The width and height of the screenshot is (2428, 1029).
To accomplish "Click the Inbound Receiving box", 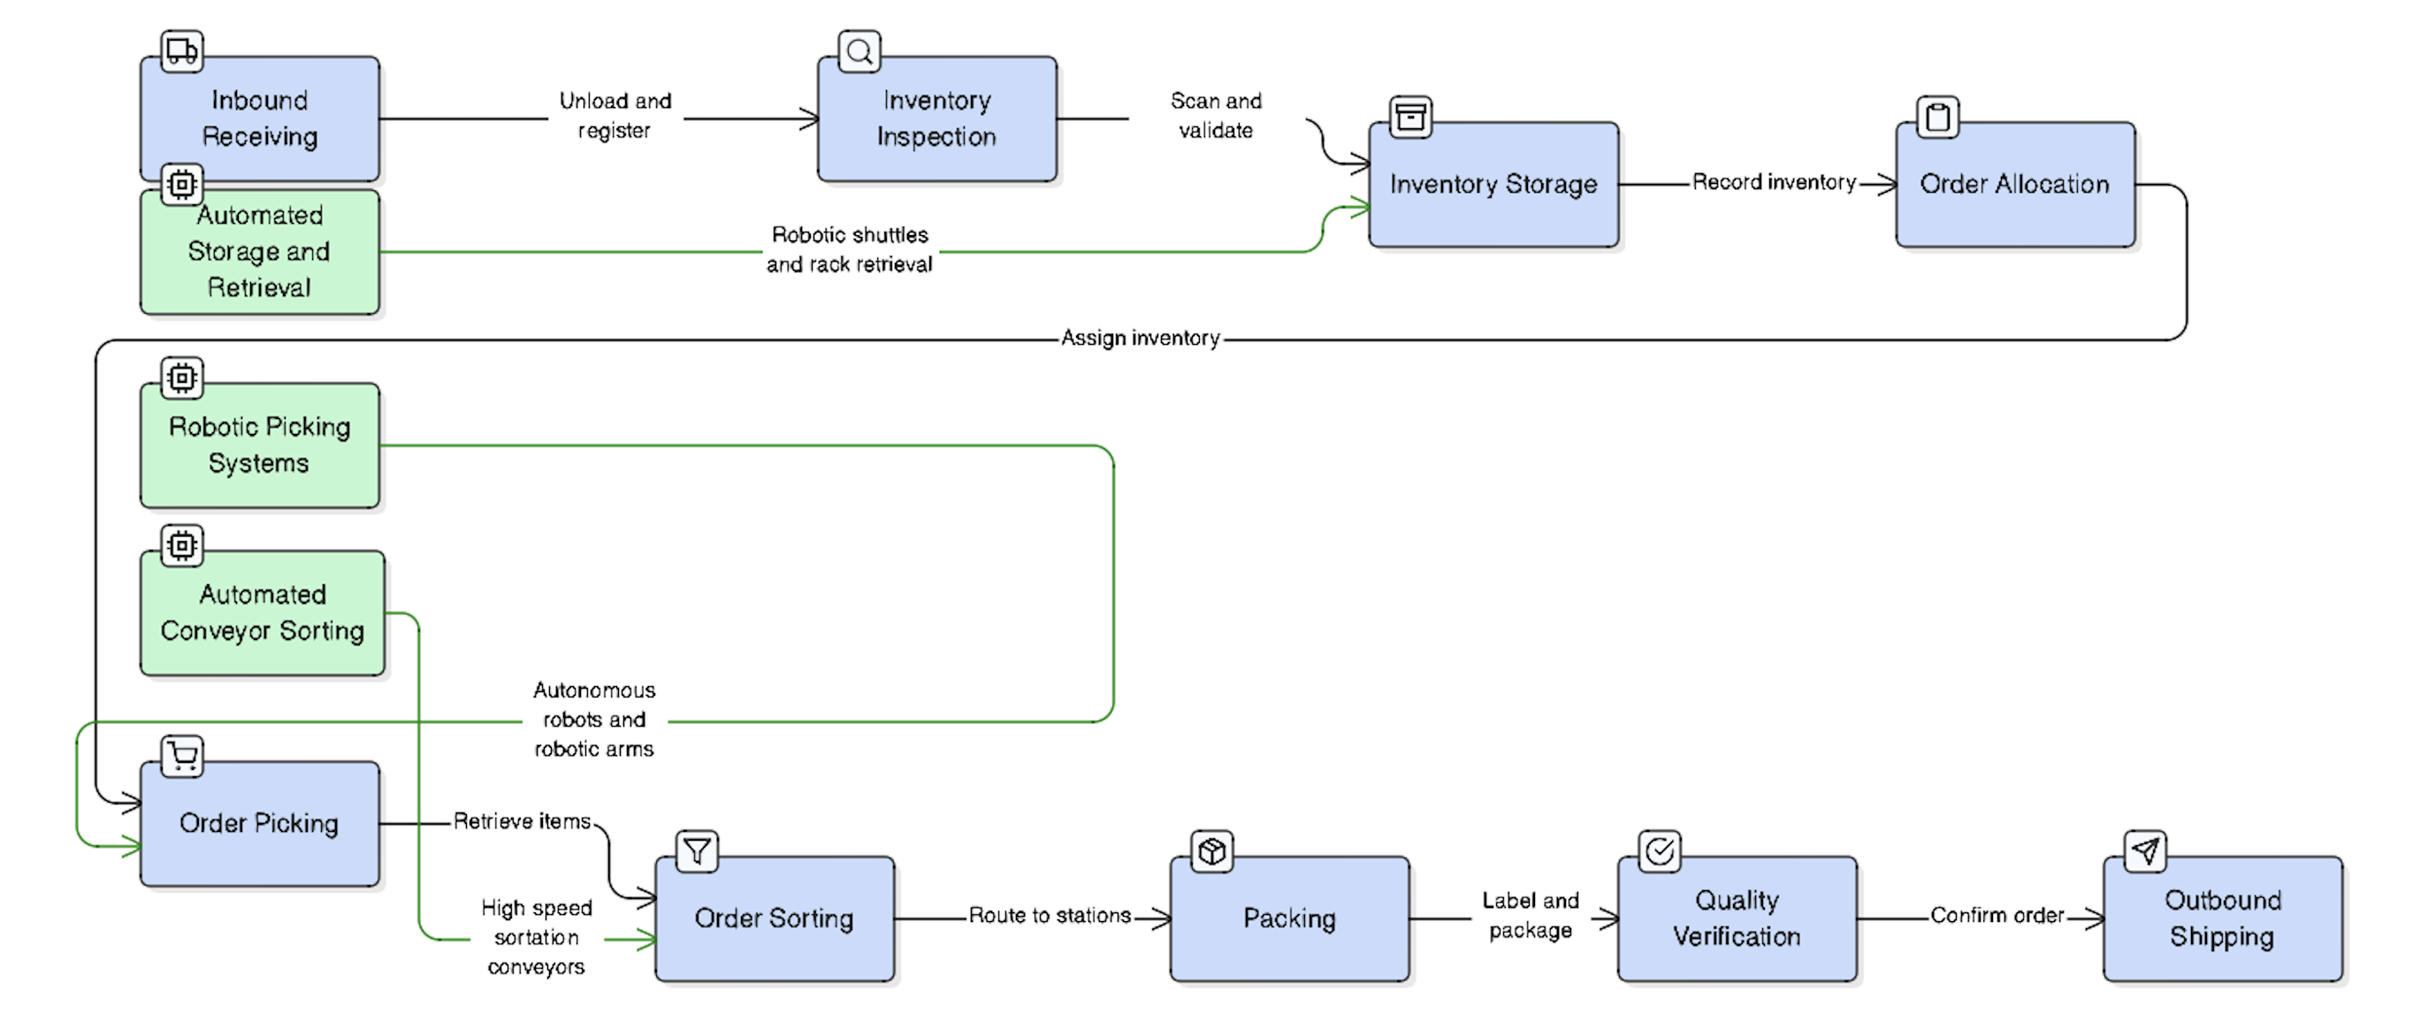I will [259, 118].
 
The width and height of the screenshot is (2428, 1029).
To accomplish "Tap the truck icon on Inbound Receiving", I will [182, 51].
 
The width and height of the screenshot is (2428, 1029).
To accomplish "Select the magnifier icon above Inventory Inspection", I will [859, 51].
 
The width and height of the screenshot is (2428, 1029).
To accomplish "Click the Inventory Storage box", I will [1493, 185].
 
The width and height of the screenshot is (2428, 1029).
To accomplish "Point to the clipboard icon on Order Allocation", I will [1938, 118].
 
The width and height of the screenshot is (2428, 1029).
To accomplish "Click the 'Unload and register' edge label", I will [615, 116].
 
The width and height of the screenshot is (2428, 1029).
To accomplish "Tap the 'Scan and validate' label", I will [1215, 116].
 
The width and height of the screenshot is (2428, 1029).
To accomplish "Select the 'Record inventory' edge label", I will [1773, 183].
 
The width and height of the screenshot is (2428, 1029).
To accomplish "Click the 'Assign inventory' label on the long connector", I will [1140, 339].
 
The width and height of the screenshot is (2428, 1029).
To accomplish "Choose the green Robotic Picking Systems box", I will [259, 445].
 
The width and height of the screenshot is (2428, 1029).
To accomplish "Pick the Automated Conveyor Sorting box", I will [262, 613].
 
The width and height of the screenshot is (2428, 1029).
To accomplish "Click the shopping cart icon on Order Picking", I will [182, 756].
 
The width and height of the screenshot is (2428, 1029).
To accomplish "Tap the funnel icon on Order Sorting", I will [697, 851].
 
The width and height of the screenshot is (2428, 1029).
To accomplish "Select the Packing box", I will [1288, 918].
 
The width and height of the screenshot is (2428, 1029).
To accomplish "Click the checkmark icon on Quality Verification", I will [1659, 851].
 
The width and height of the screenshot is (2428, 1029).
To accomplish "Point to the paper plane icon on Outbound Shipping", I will [2144, 851].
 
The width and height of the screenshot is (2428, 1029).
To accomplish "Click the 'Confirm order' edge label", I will [1997, 916].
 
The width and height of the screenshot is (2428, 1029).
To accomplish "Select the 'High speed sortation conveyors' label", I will [537, 937].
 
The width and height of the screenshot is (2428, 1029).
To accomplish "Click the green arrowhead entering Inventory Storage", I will [1361, 209].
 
